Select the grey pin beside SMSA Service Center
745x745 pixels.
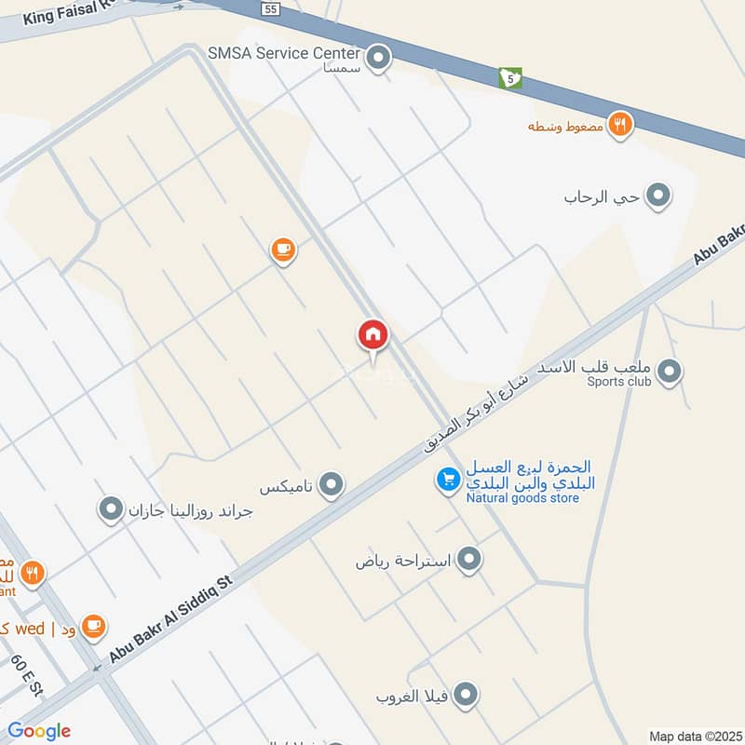[378, 60]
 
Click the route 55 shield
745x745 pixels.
[270, 8]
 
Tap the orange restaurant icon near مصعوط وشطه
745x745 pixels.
[619, 124]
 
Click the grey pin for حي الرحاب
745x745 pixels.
[658, 196]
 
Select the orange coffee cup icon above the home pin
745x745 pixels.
[283, 251]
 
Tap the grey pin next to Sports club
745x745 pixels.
[669, 373]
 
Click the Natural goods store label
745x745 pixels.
[522, 498]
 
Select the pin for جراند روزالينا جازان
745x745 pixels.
[111, 509]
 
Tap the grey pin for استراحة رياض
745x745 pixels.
[470, 560]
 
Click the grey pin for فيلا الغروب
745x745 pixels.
[467, 695]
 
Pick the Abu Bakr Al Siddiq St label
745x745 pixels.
[169, 618]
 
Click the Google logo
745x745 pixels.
[39, 731]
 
